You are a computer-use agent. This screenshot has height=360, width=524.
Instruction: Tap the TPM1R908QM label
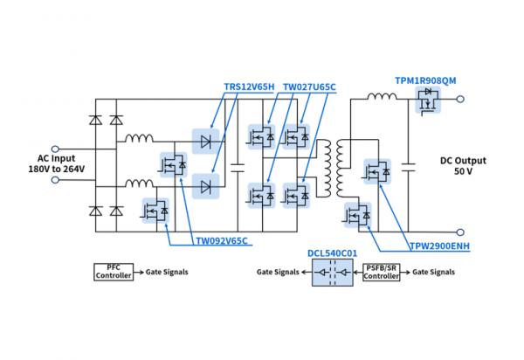pyautogui.click(x=426, y=80)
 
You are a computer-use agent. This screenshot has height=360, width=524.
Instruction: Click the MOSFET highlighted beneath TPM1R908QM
pyautogui.click(x=428, y=103)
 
